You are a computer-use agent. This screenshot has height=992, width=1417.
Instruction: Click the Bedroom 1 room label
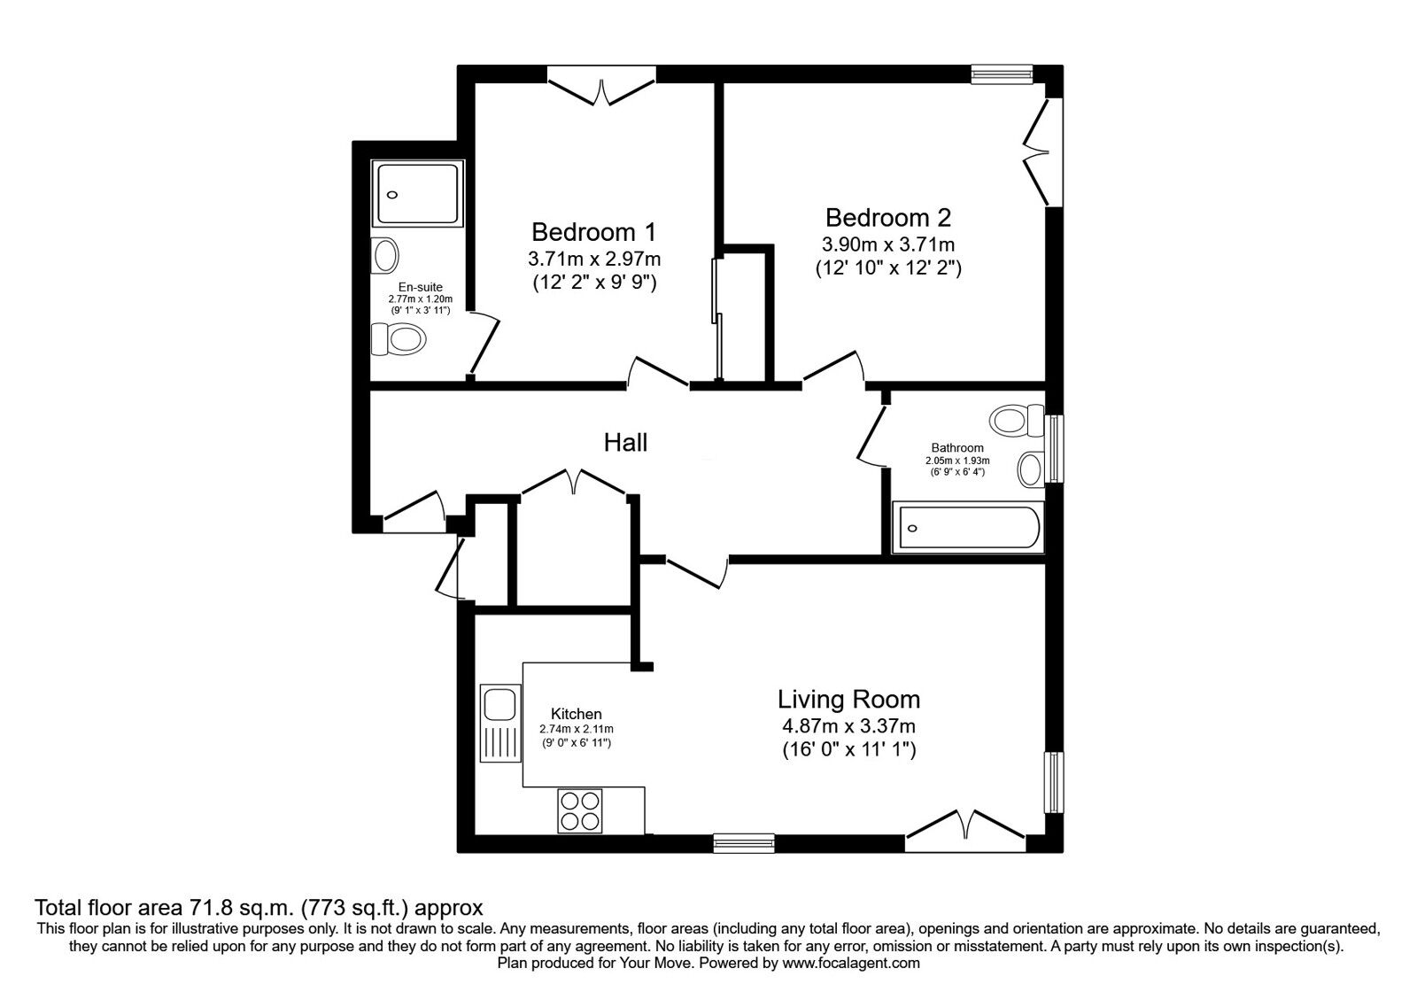point(594,232)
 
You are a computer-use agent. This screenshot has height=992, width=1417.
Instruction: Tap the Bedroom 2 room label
point(888,218)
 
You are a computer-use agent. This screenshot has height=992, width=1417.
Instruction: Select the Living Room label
point(849,699)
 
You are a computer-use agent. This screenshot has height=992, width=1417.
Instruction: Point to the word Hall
point(625,443)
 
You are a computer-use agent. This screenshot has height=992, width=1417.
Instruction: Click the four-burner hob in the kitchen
point(579,810)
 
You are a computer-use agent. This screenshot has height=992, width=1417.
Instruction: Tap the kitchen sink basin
point(499,703)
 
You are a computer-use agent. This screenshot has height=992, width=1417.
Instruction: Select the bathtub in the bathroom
point(968,528)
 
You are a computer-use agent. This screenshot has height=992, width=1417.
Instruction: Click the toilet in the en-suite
point(398,339)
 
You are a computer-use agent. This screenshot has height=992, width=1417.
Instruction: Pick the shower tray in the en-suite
point(417,193)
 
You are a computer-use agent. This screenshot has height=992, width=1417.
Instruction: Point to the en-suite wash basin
point(385,256)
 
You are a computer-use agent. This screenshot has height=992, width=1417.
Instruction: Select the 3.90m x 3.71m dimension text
point(888,244)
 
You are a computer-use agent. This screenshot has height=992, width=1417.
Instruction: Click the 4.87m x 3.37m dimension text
point(849,725)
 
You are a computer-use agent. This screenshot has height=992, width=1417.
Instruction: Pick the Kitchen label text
point(577,714)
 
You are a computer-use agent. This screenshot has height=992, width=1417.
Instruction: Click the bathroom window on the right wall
point(1054,448)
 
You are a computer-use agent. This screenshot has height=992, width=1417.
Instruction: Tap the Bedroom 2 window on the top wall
point(1002,74)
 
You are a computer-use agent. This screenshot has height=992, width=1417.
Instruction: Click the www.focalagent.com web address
point(851,964)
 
